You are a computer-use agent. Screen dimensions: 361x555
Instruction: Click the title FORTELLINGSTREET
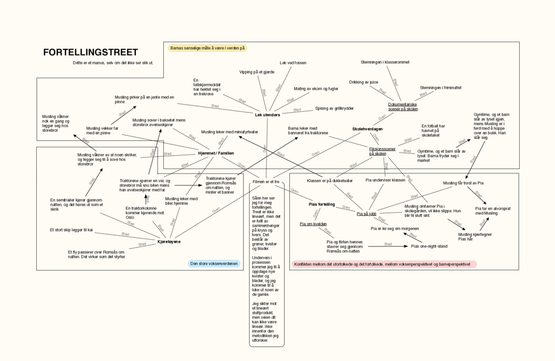coord(91,53)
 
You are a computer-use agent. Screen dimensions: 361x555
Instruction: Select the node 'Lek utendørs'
coord(267,115)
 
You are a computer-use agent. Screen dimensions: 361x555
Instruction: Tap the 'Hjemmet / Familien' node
coord(216,153)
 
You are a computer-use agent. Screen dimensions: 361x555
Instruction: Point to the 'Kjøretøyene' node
coord(169,242)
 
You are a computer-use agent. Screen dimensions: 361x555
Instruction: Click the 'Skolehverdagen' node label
coord(367,129)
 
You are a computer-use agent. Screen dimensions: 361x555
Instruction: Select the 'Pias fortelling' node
coord(322,204)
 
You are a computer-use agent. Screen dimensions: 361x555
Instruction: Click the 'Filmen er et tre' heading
coord(266,182)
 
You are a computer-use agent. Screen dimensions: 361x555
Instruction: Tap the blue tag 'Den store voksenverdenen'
coord(214,264)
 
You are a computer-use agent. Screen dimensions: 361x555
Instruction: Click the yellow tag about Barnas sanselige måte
coord(208,48)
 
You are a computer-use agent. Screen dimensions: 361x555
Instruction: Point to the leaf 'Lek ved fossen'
coord(293,63)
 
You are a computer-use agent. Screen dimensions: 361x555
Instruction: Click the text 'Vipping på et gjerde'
coord(256,72)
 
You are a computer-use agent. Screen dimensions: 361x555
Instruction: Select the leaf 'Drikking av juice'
coord(364,82)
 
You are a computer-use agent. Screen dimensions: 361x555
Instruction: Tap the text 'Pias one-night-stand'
coord(429,246)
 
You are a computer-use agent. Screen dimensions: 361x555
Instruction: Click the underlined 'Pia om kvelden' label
coord(313,224)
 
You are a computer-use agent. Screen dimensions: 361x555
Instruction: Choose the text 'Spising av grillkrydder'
coord(334,109)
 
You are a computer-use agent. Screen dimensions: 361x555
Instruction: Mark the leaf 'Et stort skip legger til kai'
coord(71,229)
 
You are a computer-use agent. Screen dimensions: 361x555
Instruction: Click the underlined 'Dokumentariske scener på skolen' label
coord(403,107)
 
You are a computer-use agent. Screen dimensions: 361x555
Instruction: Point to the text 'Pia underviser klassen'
coord(385,180)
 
